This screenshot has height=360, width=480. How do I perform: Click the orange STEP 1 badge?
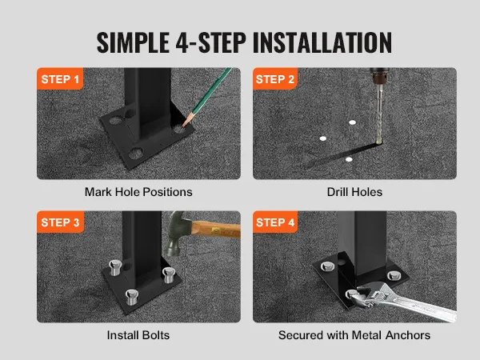60,78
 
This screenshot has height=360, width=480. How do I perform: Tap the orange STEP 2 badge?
275,78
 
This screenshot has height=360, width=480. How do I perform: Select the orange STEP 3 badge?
60,222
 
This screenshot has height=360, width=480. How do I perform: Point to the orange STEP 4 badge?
275,222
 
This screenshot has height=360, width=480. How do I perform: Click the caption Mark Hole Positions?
138,192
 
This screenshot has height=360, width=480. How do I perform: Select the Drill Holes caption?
354,192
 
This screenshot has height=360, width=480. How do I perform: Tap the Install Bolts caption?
138,335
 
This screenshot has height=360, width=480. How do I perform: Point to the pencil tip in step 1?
183,126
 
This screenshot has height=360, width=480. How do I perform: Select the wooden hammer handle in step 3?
216,229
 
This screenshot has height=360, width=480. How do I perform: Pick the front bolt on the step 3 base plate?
132,297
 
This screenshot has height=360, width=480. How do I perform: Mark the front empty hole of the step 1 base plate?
136,153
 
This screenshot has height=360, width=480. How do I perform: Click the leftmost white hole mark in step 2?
322,138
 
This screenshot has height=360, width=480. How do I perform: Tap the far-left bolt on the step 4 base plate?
327,266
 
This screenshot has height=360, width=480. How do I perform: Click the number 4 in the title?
182,42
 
